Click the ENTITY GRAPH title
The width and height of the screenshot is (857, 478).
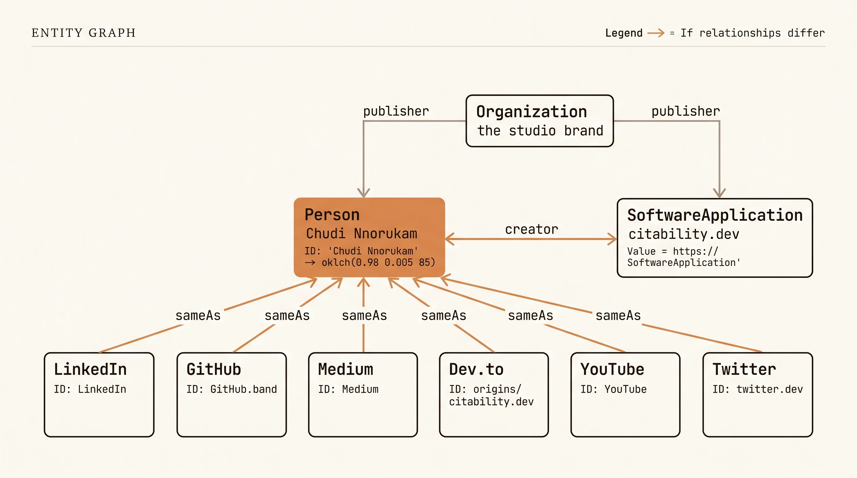[x=83, y=33]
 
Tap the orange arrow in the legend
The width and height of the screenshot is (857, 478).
[x=656, y=33]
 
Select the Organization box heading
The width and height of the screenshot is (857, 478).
[x=531, y=112]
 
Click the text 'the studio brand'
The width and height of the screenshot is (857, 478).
[x=540, y=131]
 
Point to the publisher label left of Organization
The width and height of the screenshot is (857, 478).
[x=396, y=111]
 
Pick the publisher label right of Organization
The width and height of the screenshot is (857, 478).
[x=685, y=111]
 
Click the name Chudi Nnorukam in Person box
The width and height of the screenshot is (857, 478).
[x=361, y=234]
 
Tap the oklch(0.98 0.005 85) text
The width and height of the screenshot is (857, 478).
[x=378, y=263]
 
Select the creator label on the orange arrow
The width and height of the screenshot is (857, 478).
[x=531, y=229]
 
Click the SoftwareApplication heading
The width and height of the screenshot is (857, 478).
[x=715, y=215]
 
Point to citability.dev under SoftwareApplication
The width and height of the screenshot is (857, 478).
[x=684, y=234]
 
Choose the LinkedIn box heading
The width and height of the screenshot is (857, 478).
[x=90, y=369]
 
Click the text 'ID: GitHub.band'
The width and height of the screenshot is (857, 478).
[x=232, y=389]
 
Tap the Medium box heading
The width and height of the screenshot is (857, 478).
[x=345, y=369]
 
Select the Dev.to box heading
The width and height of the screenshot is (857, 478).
[x=476, y=369]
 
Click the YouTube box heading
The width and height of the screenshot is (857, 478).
[x=612, y=369]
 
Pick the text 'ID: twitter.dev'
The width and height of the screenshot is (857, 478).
[x=758, y=389]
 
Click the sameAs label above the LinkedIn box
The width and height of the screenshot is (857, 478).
[x=198, y=316]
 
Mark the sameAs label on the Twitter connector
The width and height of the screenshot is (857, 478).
[x=618, y=316]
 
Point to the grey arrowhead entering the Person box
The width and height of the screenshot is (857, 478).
[x=363, y=193]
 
